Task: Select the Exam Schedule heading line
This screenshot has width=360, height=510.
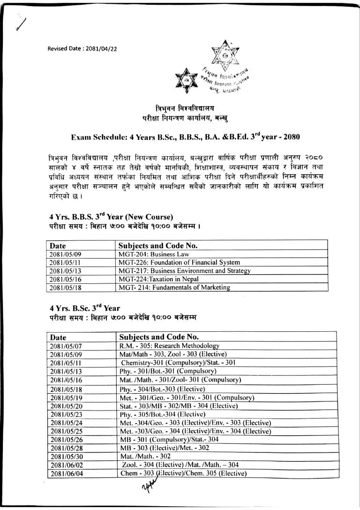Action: [x=179, y=137]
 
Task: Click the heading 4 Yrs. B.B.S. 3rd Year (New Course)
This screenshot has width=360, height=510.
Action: [x=112, y=217]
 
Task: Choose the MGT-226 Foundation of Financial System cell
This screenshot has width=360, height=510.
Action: [x=179, y=262]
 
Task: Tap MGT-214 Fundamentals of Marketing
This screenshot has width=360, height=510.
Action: [x=174, y=287]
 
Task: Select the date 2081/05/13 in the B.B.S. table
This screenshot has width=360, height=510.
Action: [x=68, y=271]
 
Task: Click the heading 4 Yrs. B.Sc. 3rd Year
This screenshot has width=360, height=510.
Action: [x=85, y=308]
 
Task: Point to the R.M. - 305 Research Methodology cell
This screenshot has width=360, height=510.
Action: [x=170, y=346]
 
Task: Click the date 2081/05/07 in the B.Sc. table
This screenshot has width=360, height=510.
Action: [x=68, y=346]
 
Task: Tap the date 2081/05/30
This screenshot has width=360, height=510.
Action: [x=68, y=456]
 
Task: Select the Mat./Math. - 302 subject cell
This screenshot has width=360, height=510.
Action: [x=145, y=456]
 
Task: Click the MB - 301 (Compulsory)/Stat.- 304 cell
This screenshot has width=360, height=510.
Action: [x=169, y=439]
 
